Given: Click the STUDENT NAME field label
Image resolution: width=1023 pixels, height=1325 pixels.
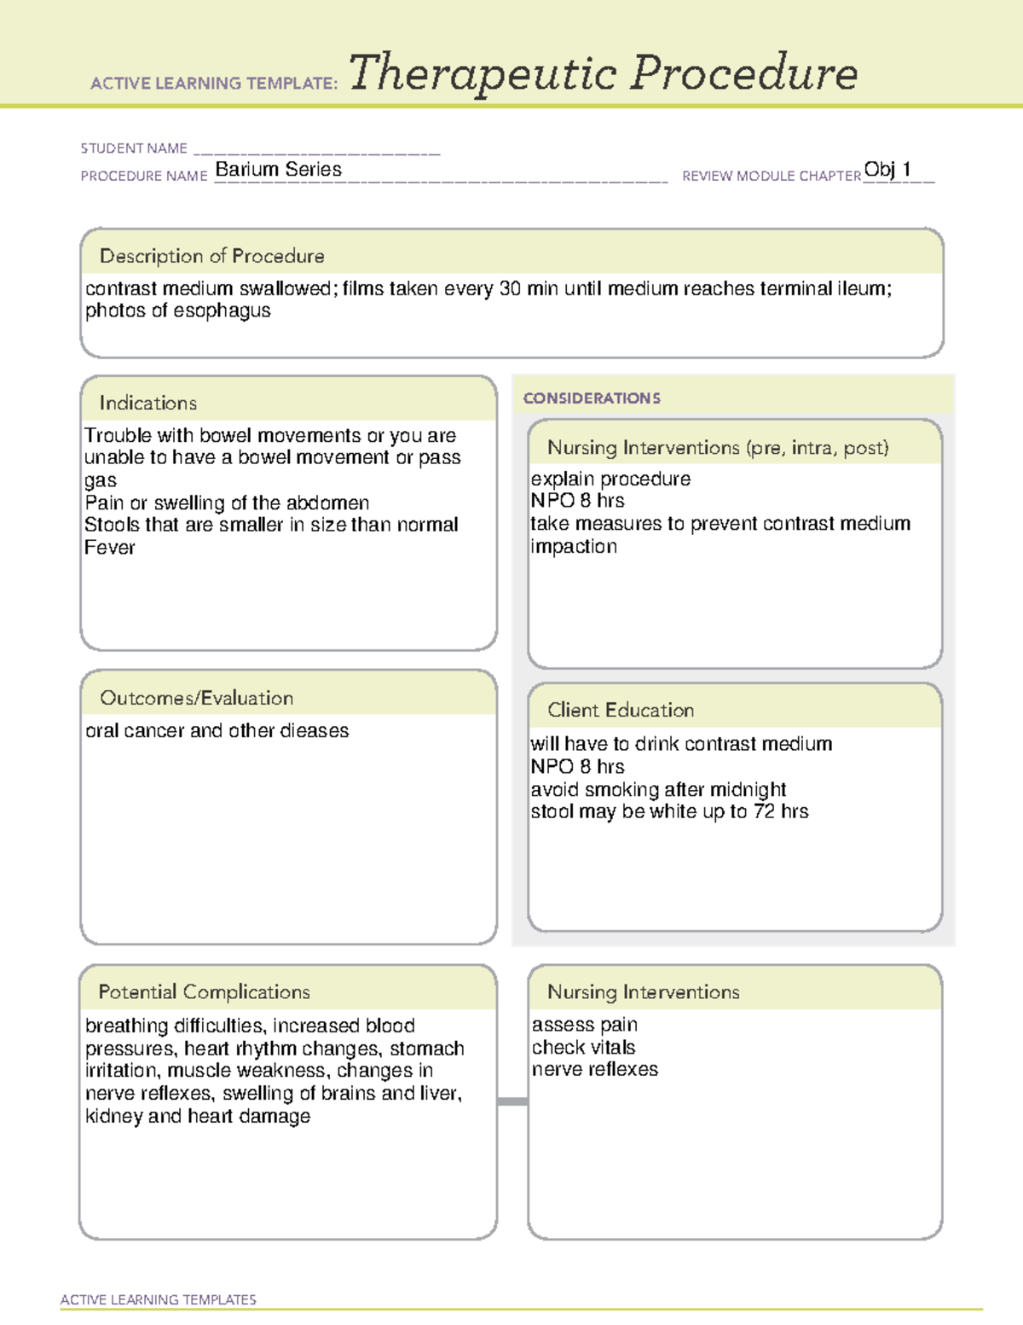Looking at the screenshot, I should tap(134, 148).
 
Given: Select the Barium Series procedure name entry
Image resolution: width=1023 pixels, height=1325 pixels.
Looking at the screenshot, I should tap(278, 170).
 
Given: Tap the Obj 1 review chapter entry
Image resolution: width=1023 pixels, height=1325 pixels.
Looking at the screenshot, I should tap(887, 169).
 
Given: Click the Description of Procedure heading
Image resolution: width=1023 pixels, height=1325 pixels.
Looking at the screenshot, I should tap(211, 256).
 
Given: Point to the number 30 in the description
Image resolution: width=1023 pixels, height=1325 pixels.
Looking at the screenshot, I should tap(510, 288).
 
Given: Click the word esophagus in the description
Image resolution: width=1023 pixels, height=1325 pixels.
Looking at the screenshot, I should tap(222, 311).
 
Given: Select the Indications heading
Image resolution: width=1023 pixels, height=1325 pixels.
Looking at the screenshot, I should tap(147, 403).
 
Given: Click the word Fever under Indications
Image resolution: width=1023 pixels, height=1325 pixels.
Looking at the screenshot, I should tap(110, 548).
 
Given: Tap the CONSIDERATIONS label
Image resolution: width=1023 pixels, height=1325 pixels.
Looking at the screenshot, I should tap(592, 398).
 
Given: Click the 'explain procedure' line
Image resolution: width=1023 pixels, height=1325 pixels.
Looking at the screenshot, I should tap(610, 479).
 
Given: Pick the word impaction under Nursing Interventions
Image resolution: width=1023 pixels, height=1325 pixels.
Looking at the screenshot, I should tap(574, 546).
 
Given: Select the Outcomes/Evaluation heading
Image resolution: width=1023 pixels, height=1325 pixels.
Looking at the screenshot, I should tap(196, 698).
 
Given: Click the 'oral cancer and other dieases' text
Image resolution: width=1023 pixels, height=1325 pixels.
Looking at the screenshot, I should tap(217, 731).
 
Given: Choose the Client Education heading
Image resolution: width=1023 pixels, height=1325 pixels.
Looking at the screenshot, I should tap(621, 710).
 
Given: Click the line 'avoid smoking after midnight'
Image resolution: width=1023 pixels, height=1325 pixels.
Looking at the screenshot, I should tap(658, 789).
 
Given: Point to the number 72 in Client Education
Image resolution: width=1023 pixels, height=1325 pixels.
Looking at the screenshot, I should tap(765, 811).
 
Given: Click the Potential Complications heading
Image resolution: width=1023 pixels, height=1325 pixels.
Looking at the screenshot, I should tap(204, 992).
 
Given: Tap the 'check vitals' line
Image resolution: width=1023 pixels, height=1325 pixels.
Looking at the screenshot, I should tap(584, 1047).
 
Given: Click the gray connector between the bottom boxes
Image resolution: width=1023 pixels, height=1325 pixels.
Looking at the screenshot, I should tap(512, 1101).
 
